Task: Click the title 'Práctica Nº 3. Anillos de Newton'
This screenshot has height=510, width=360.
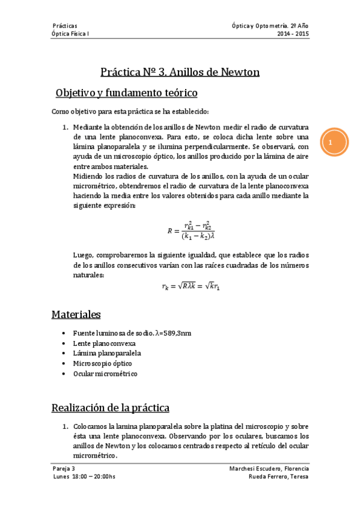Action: (x=180, y=72)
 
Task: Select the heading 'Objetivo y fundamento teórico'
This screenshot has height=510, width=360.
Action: (x=126, y=93)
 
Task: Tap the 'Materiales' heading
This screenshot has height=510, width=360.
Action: (x=76, y=314)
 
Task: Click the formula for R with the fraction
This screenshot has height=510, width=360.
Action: (x=191, y=230)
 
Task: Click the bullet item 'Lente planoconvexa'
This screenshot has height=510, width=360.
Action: (x=104, y=343)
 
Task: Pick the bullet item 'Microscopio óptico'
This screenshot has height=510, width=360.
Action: (x=102, y=363)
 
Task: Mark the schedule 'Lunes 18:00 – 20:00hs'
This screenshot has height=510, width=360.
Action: (x=84, y=477)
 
